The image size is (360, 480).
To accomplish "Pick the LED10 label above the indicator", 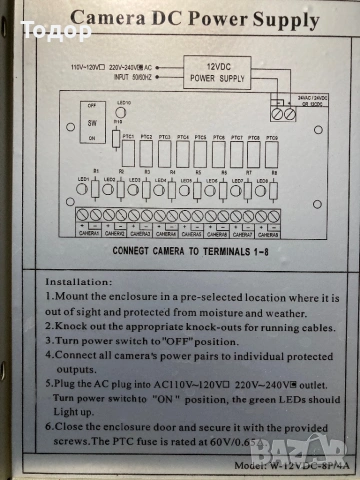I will point(123,103).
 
